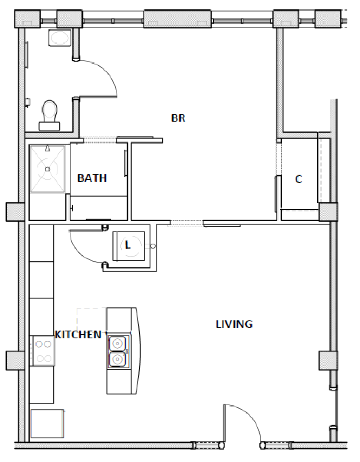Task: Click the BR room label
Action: click(178, 118)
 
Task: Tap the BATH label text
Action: click(92, 178)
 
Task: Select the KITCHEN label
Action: click(78, 335)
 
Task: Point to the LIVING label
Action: click(234, 324)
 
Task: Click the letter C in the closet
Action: click(298, 179)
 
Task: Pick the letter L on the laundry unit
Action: click(128, 245)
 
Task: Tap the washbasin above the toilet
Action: click(60, 38)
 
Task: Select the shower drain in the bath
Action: click(47, 169)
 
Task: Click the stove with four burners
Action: click(43, 351)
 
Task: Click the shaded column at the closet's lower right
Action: click(328, 212)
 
